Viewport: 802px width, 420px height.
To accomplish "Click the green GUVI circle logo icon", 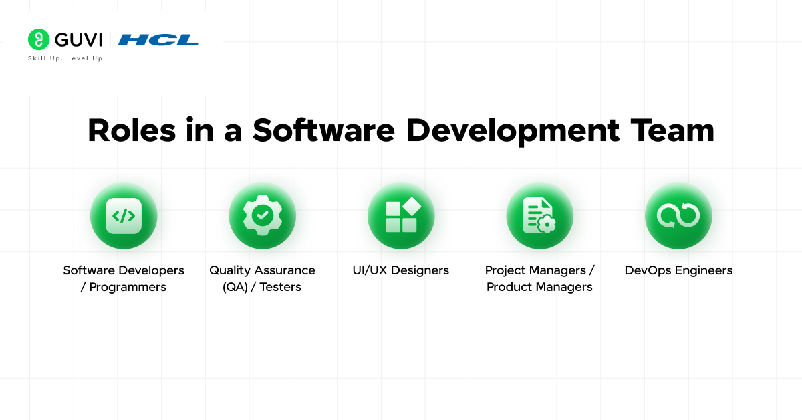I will pos(39,39).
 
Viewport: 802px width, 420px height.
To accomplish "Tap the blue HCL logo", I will pos(158,40).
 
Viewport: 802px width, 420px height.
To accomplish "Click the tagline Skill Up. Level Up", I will pos(65,58).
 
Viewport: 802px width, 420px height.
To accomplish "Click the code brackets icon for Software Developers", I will pos(124,215).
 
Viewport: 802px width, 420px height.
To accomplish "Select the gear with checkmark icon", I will pos(262,215).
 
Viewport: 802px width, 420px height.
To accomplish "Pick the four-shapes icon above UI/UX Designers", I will pos(401,215).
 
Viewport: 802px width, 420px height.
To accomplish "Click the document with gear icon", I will pos(539,215).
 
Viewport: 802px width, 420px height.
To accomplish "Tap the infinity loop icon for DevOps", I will pos(678,215).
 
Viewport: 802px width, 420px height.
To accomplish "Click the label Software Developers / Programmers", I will pos(124,278).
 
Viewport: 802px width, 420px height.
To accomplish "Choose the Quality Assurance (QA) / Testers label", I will pos(262,278).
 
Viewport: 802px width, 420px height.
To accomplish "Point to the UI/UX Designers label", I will pos(401,270).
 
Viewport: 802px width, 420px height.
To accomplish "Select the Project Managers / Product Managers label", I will pos(539,278).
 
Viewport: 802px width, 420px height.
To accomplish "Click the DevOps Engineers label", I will pos(678,270).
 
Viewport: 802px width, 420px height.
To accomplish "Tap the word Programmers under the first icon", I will pos(128,287).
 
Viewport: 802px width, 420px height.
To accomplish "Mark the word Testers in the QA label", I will pos(280,287).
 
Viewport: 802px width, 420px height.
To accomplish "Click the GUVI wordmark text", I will pos(78,40).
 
